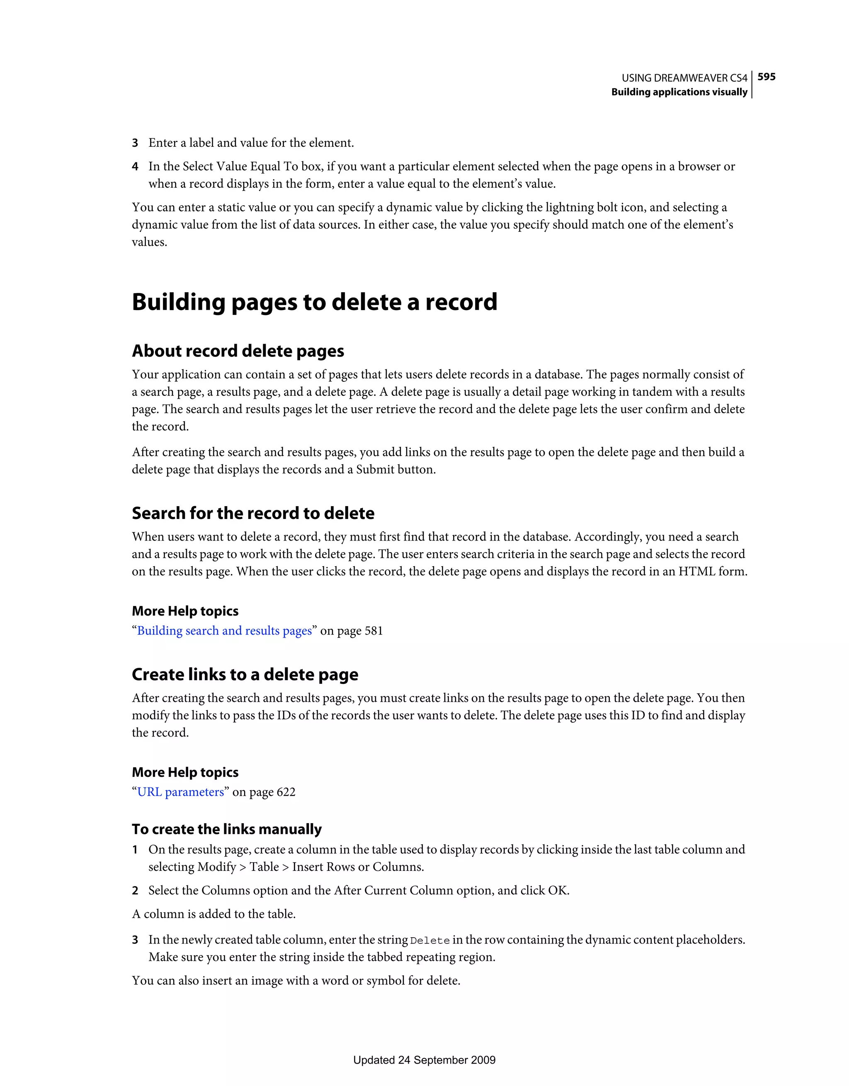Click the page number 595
(x=767, y=77)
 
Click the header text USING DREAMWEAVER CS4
(x=684, y=78)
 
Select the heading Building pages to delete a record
(x=314, y=302)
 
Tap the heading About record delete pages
(x=238, y=351)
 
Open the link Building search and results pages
(x=224, y=630)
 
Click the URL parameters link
(x=181, y=792)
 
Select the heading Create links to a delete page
(x=245, y=674)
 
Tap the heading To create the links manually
(x=227, y=829)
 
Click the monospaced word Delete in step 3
(x=430, y=941)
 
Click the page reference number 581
(x=374, y=630)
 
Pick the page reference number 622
(x=286, y=792)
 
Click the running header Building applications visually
(x=679, y=92)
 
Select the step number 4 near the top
(x=135, y=167)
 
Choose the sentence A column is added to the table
(x=214, y=914)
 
